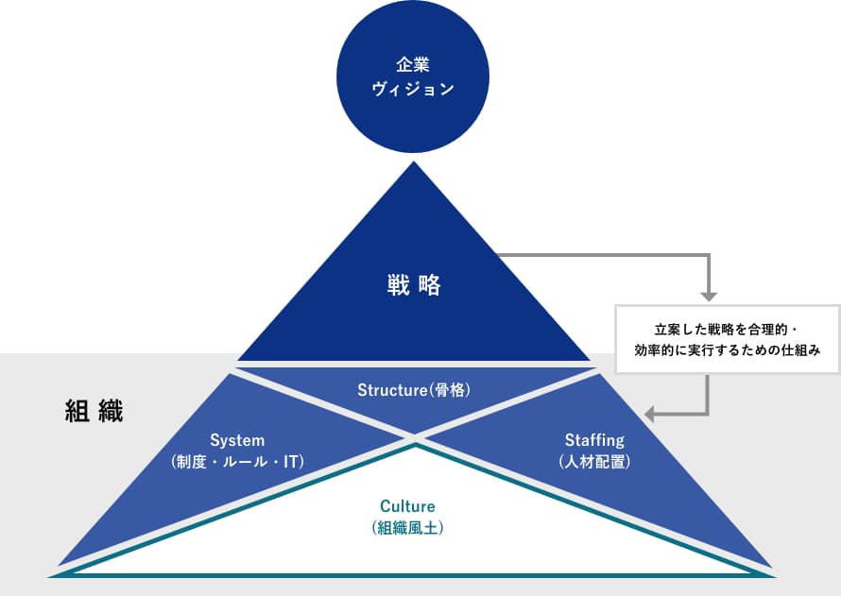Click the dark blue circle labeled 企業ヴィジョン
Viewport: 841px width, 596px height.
(413, 77)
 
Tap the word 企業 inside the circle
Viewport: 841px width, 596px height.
(413, 65)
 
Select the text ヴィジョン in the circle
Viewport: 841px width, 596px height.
(413, 89)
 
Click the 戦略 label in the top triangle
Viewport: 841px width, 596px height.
(414, 284)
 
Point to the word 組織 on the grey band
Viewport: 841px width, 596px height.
(94, 411)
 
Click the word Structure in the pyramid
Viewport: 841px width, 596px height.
(392, 390)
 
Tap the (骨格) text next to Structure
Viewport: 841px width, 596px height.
(450, 390)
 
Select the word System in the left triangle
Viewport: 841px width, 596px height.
(237, 440)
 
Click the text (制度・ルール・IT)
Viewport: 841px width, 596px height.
(237, 462)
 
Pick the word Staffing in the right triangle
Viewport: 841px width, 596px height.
(594, 440)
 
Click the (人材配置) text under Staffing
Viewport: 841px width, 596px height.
(594, 462)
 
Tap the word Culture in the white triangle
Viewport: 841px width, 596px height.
(407, 506)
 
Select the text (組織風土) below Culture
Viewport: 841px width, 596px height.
(407, 528)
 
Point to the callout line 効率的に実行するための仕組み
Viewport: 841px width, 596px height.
(728, 350)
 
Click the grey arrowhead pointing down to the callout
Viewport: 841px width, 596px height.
(709, 297)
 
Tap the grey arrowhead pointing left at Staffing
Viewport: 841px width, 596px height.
(649, 415)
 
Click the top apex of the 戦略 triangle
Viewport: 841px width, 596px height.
(414, 162)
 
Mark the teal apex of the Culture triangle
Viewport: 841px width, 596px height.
(415, 446)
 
